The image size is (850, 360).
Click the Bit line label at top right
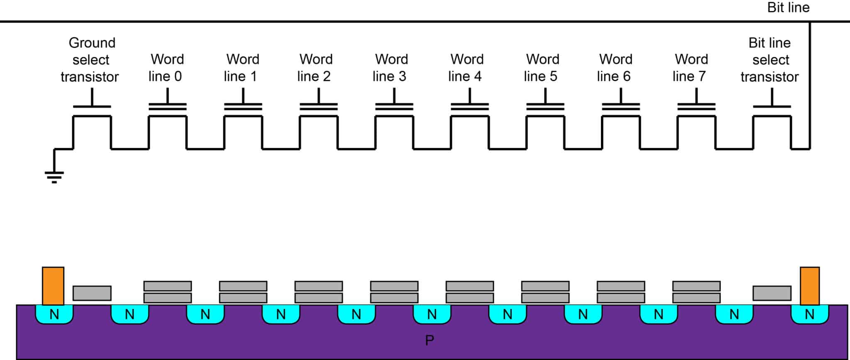pyautogui.click(x=788, y=7)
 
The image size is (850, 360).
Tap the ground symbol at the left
pyautogui.click(x=54, y=176)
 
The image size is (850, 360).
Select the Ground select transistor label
pyautogui.click(x=90, y=60)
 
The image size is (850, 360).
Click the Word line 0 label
pyautogui.click(x=166, y=68)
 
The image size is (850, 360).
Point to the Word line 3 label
pyautogui.click(x=391, y=68)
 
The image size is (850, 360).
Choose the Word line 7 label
pyautogui.click(x=690, y=68)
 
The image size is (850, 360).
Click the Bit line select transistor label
pyautogui.click(x=770, y=60)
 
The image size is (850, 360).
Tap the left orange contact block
pyautogui.click(x=53, y=286)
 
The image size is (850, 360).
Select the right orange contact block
pyautogui.click(x=810, y=286)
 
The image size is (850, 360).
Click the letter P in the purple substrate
pyautogui.click(x=430, y=340)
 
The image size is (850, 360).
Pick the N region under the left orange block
pyautogui.click(x=54, y=314)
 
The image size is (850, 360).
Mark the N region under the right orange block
pyautogui.click(x=810, y=314)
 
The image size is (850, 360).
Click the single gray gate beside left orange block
pyautogui.click(x=92, y=293)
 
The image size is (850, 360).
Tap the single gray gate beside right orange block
pyautogui.click(x=772, y=293)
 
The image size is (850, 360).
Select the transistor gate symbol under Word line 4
pyautogui.click(x=470, y=107)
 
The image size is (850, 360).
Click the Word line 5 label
pyautogui.click(x=542, y=68)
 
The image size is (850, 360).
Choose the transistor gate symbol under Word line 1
pyautogui.click(x=243, y=107)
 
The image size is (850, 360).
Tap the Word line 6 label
pyautogui.click(x=615, y=68)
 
